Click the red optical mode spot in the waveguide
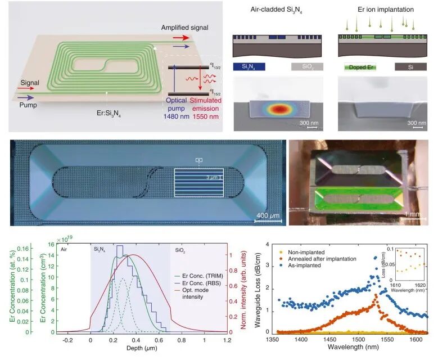coord(279,109)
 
